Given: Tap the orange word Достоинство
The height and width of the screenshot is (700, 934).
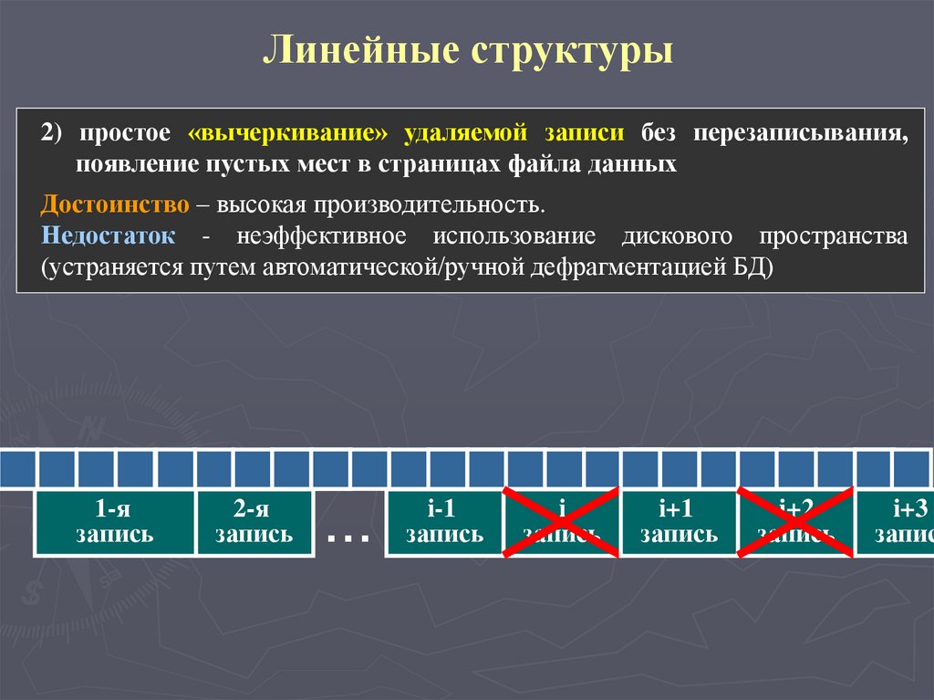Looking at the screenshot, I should pos(115,204).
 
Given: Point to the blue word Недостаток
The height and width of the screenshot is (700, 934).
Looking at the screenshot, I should pos(109,236).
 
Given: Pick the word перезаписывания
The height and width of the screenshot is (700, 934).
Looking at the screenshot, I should pos(800,132).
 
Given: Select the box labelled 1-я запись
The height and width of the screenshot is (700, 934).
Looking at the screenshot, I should pos(114,523).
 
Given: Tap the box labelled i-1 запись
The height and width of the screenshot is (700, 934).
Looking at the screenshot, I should pos(444,523).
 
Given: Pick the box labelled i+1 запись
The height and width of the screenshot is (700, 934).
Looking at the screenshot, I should pos(679,523).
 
